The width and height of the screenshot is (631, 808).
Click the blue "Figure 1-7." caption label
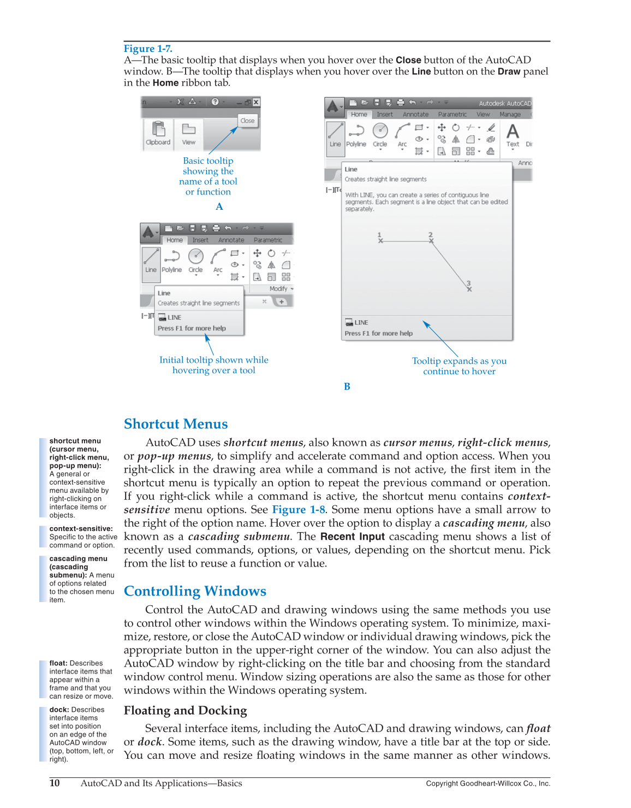tap(147, 49)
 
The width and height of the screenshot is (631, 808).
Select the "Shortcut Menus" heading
tap(176, 424)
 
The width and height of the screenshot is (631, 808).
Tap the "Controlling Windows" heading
tap(195, 591)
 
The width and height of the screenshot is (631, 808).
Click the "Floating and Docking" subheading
tap(185, 710)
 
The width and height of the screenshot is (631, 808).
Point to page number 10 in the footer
tap(55, 783)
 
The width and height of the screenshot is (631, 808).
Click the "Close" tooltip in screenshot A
tap(247, 121)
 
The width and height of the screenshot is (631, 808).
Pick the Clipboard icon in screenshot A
tap(158, 129)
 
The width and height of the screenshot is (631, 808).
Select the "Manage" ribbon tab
tap(510, 114)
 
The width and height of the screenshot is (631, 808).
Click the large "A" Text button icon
tap(512, 132)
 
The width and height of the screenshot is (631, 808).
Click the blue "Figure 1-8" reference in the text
tap(299, 510)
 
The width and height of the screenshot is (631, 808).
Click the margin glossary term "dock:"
tap(59, 710)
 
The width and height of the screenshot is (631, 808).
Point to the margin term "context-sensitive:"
tap(81, 529)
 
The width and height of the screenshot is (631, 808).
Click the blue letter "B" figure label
tap(347, 386)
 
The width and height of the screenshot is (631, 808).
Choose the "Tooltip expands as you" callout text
tap(459, 361)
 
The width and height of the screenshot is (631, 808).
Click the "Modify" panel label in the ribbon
tap(278, 288)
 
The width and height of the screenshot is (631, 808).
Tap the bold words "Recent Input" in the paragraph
tap(353, 536)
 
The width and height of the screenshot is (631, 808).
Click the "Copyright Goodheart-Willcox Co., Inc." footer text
tap(487, 783)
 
